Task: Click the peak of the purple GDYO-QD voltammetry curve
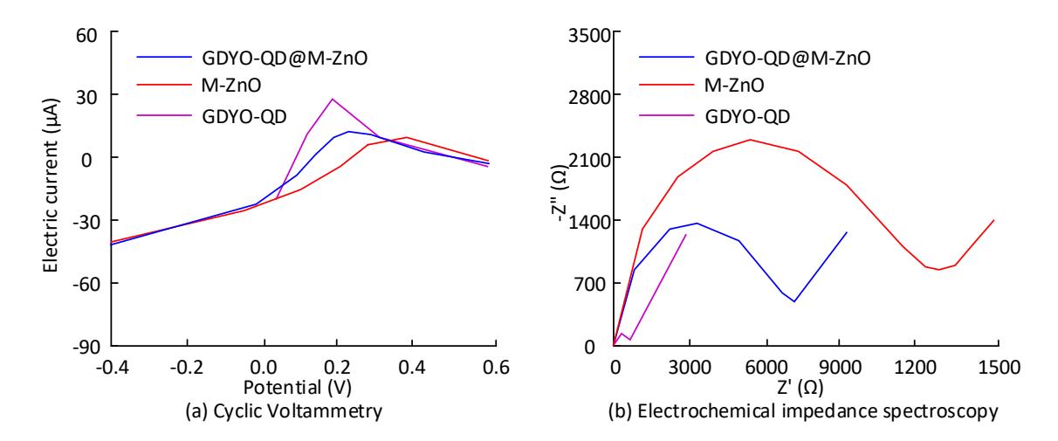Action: point(332,99)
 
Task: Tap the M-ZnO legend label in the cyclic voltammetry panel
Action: point(231,86)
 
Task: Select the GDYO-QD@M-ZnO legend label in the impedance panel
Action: point(787,59)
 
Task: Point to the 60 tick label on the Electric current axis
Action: point(86,35)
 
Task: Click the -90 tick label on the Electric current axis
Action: point(86,347)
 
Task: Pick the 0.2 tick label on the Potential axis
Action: point(338,368)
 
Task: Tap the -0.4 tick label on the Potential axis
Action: point(113,368)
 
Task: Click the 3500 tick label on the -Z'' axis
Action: point(588,35)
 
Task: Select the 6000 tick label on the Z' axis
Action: point(766,368)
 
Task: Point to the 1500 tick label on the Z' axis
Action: point(999,368)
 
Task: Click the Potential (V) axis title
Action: point(298,388)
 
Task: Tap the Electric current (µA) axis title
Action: point(51,185)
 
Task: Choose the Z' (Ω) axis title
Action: point(800,388)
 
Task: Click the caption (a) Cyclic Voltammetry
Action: point(284,411)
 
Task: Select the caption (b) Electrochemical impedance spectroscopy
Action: point(803,411)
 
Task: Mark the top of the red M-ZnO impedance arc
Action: point(750,140)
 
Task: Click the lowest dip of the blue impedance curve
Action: point(794,301)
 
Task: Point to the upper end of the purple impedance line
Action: point(686,234)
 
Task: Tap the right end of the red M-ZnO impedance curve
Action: point(994,220)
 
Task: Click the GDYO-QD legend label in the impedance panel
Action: point(747,117)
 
